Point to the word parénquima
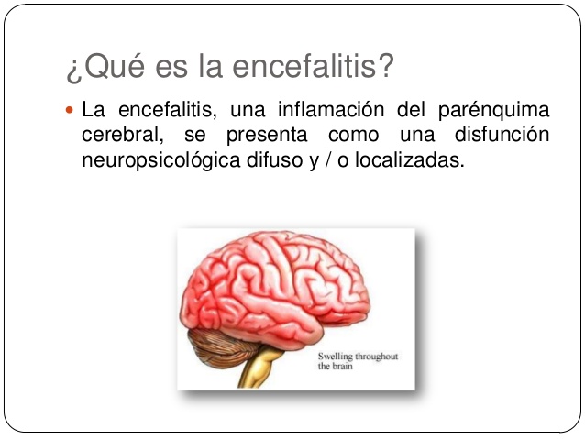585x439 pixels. pyautogui.click(x=500, y=111)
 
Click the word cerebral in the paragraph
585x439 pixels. pyautogui.click(x=116, y=136)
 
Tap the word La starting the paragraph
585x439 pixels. pyautogui.click(x=92, y=111)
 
